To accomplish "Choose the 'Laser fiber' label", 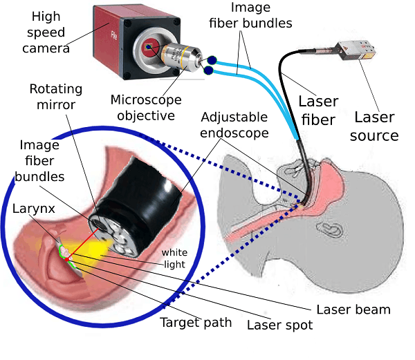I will [318, 112].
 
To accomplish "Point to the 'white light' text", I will [174, 257].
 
